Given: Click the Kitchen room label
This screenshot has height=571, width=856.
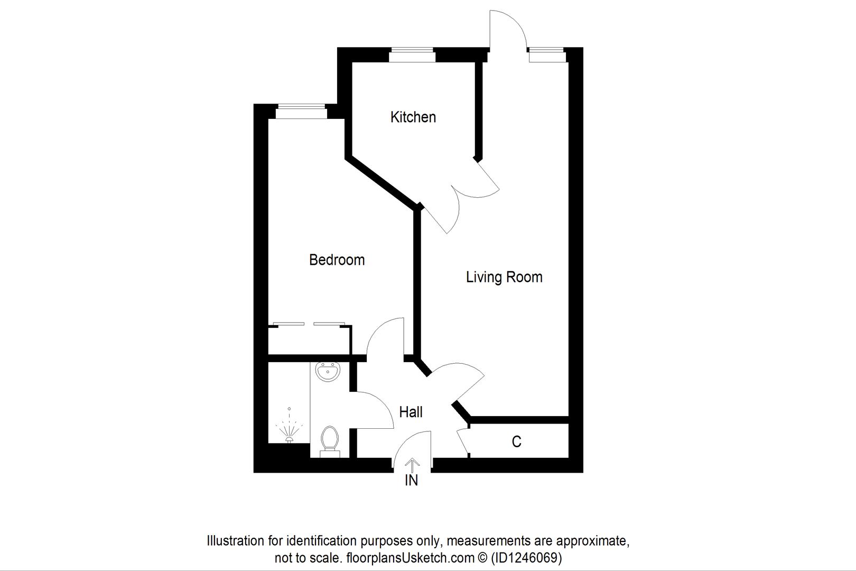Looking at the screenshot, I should coord(413,117).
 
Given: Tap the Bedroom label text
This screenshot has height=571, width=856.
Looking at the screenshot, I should coord(337,260).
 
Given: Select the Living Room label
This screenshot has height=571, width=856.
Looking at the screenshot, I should coord(504,277).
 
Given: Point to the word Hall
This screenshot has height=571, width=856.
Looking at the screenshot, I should coord(411,412).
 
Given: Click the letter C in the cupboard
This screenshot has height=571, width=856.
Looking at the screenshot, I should coord(516,441).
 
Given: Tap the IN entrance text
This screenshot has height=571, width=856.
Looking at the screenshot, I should coord(411,480).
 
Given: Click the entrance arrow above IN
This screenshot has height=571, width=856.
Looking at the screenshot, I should coord(412,464).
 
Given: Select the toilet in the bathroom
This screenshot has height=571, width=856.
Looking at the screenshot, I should coord(330,441).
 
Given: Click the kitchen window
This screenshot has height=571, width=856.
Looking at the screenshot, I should coord(412,52).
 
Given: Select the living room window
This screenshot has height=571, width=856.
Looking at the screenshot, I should coord(547,53).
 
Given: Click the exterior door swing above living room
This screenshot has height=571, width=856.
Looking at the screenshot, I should coord(507,29).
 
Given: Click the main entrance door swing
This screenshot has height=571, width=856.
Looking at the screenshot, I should coord(413,449).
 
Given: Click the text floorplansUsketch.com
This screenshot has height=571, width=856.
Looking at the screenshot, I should coord(410,557).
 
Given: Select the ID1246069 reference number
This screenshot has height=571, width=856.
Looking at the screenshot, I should coord(526,557).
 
